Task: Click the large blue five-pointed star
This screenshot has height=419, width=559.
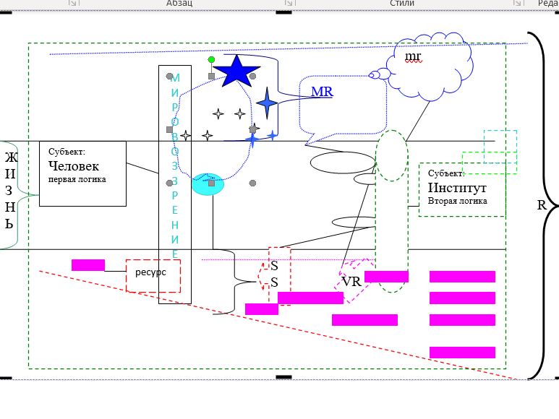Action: point(236,72)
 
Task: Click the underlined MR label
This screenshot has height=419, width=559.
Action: point(322,92)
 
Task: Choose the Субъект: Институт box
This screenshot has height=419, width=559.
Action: point(461,189)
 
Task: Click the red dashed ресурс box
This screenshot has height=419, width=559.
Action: point(153,275)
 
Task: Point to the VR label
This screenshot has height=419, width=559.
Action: point(351,282)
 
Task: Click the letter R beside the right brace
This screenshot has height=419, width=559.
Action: point(541,204)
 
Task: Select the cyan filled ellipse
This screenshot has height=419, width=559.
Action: point(208,184)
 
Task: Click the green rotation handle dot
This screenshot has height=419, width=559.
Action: point(211,59)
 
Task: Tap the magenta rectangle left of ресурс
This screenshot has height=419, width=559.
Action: point(88,264)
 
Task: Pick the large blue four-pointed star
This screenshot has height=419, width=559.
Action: point(267,104)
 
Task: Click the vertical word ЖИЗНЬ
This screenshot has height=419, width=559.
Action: point(9,190)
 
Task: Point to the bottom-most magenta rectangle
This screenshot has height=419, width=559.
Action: point(462,353)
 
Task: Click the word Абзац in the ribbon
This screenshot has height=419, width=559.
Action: point(179,4)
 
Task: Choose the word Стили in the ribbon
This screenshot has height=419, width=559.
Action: point(402,4)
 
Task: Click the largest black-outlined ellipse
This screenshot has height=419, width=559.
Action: point(342,163)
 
